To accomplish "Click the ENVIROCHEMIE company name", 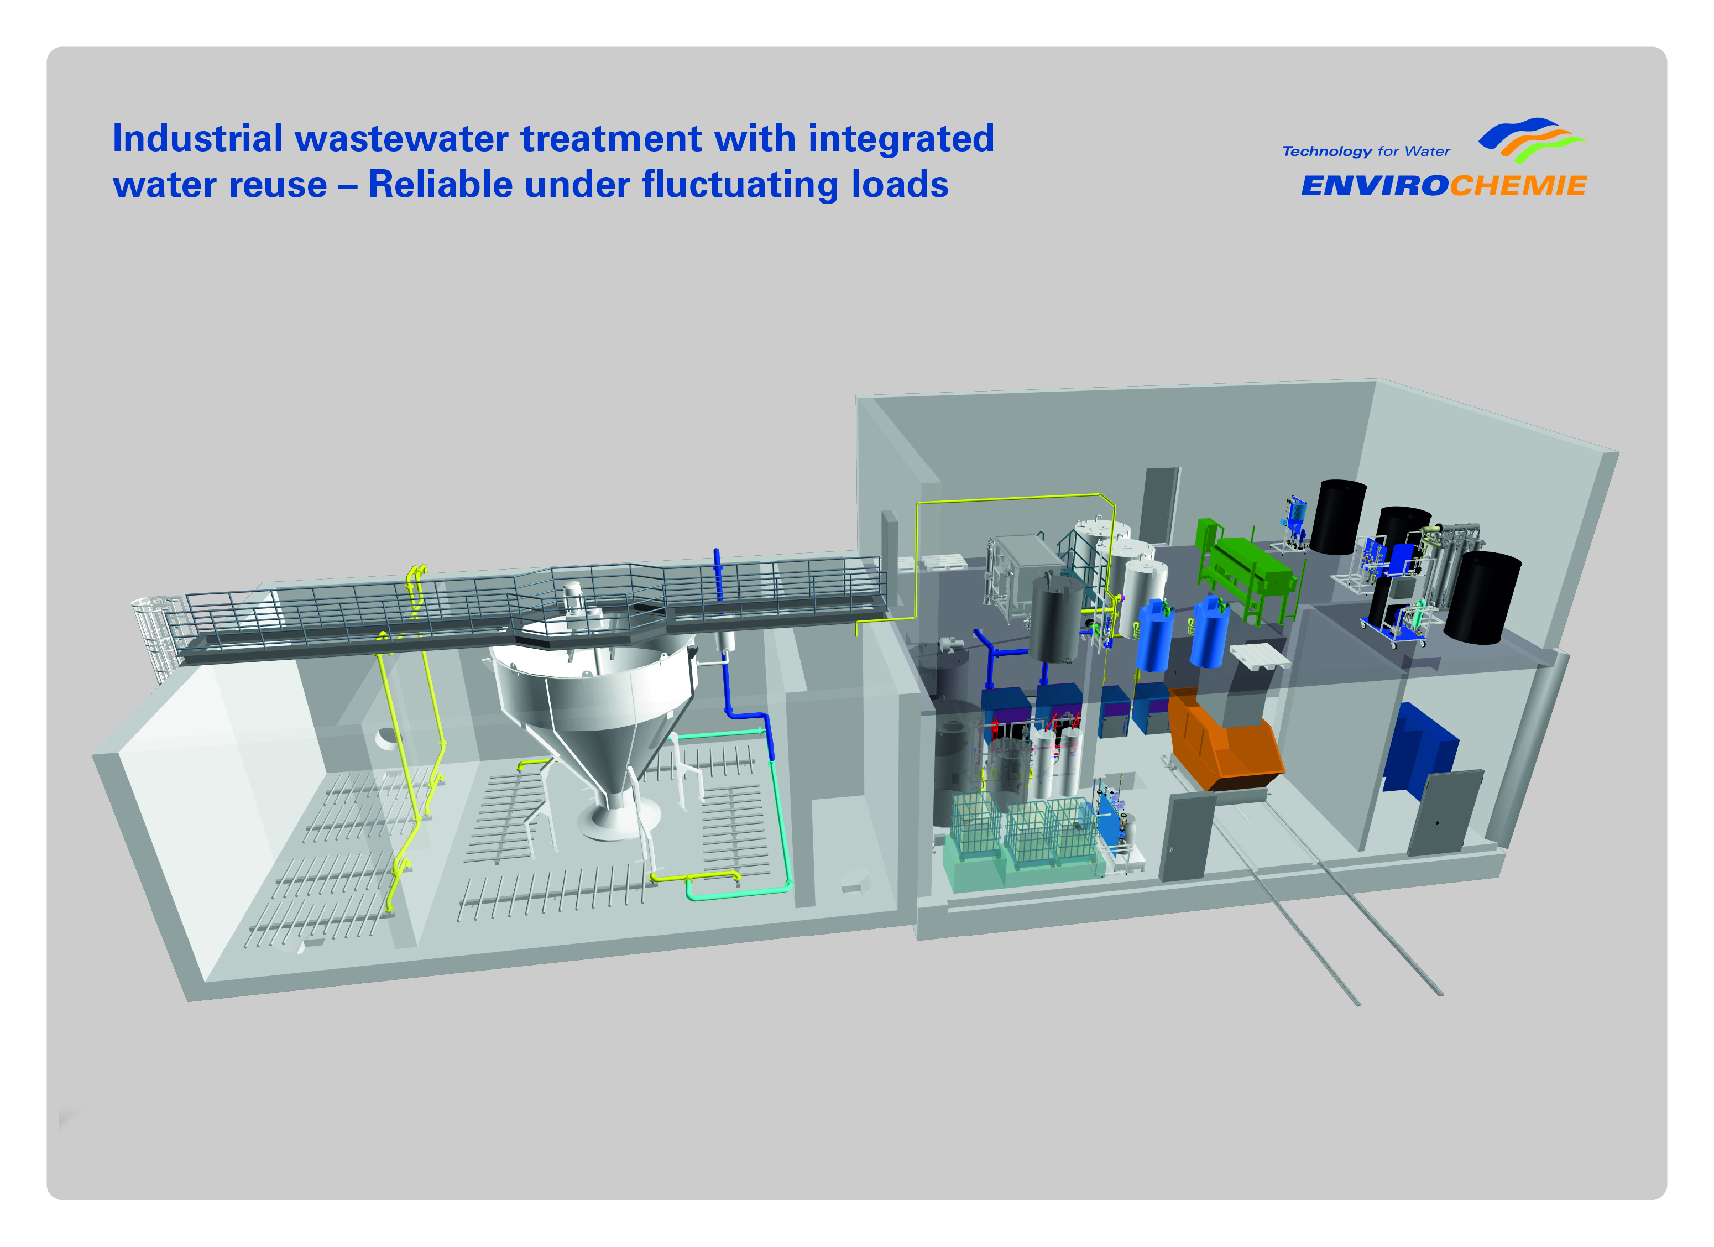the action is (x=1444, y=186).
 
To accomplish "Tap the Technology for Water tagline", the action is (x=1366, y=151).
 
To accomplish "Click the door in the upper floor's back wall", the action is (x=1159, y=507).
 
